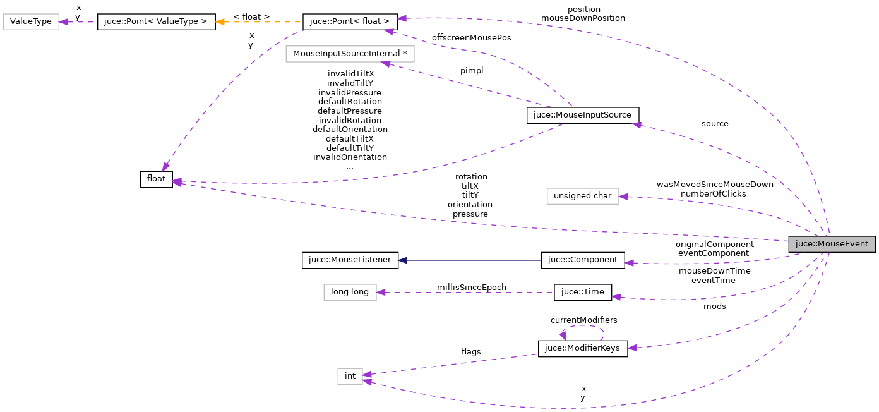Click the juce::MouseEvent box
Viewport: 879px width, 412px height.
coord(832,244)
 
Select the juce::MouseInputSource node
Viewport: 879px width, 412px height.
coord(583,115)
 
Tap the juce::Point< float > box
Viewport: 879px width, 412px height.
coord(350,21)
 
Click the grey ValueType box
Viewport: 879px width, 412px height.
coord(31,21)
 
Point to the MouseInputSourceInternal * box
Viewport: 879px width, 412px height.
coord(350,54)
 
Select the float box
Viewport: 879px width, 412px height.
coord(156,179)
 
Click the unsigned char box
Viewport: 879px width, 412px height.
coord(582,196)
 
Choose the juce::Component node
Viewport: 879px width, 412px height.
coord(582,260)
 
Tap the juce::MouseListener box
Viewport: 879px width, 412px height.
coord(350,260)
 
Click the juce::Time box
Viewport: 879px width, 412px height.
coord(582,292)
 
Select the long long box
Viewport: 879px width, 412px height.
coord(350,292)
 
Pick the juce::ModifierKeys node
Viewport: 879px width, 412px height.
coord(582,348)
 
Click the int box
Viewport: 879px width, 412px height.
coord(350,376)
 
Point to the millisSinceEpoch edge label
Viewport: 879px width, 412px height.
coord(471,287)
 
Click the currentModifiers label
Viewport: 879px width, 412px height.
coord(583,320)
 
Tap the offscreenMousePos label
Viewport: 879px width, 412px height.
coord(471,38)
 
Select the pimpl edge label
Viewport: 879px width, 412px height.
coord(471,71)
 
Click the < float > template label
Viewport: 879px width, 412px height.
coord(251,16)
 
